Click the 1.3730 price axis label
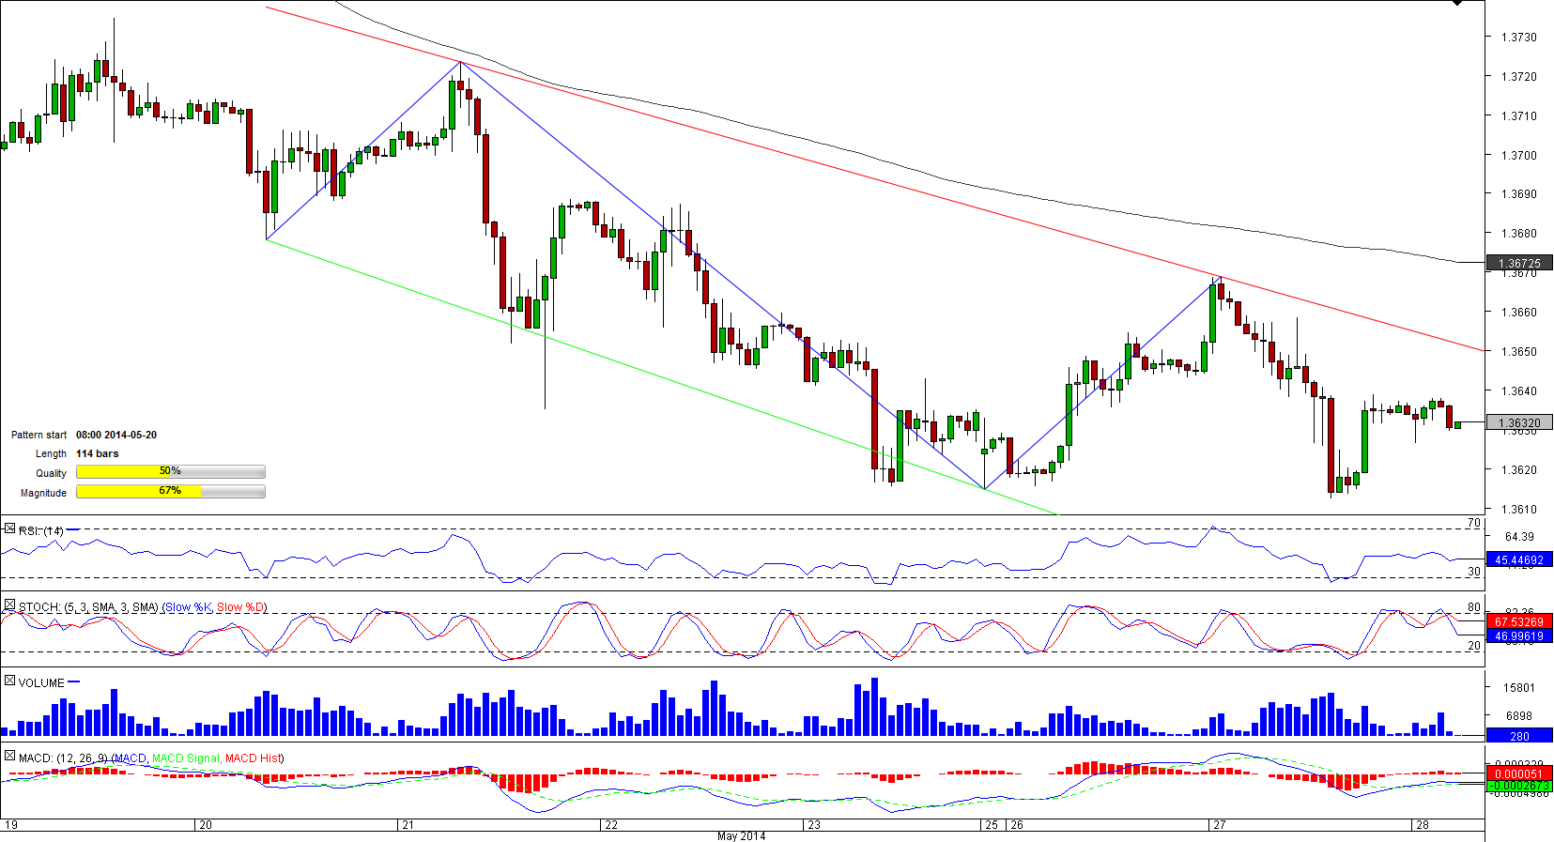1518,38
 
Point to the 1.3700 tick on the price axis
1518,155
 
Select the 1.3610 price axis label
1518,510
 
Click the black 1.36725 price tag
1518,264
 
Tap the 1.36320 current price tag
1518,423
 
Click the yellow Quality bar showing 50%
170,472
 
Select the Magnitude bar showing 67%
170,491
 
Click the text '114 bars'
98,454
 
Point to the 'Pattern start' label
38,436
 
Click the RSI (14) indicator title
40,531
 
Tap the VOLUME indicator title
41,683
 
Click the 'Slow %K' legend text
188,607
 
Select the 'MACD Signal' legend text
186,758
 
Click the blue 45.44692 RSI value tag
1518,560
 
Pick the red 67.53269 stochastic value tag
1518,622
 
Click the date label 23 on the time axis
814,825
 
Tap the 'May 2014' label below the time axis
741,836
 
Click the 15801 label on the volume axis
1518,688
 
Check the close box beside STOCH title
9,606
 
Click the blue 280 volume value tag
1518,737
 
